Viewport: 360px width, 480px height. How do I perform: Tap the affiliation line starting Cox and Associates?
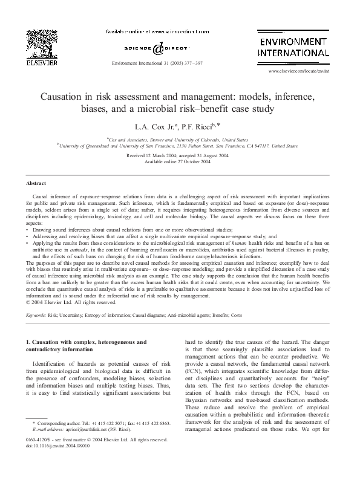click(x=180, y=138)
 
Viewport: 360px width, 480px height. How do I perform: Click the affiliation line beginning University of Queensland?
click(x=180, y=146)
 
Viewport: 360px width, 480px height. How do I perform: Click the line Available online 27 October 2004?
click(x=180, y=162)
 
